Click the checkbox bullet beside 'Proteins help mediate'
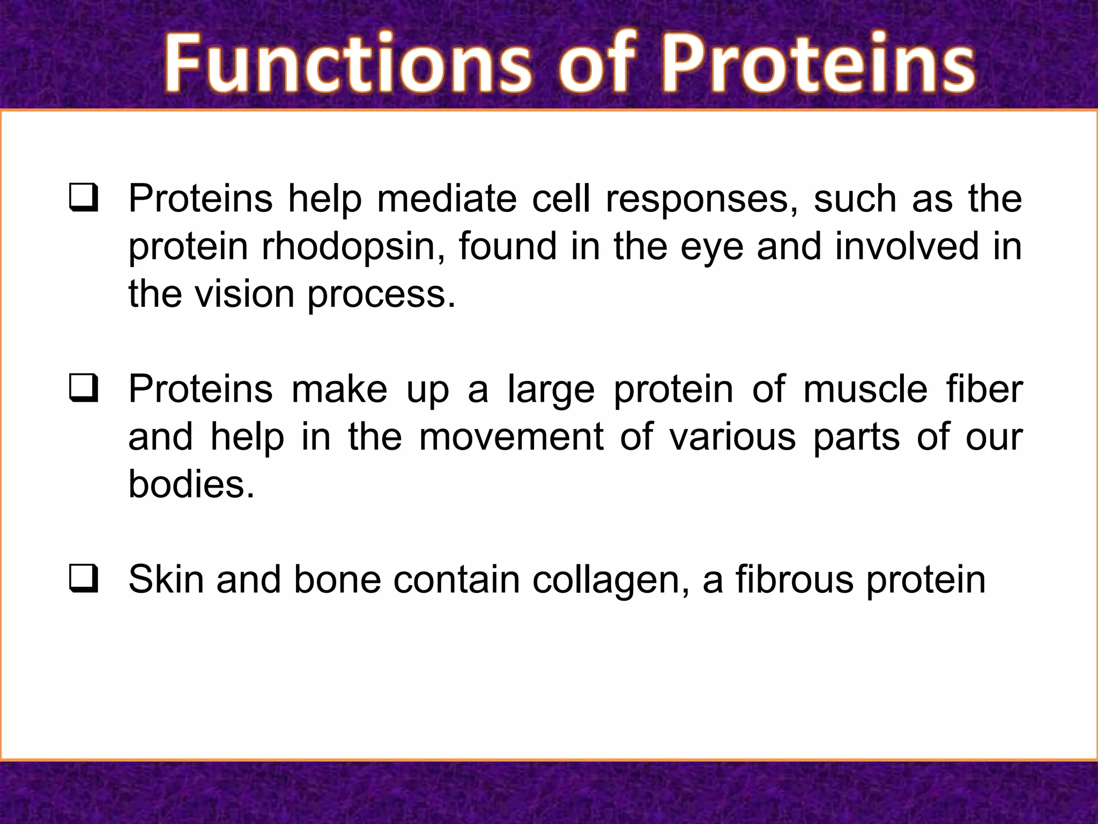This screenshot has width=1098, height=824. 84,198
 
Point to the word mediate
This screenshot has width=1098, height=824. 447,199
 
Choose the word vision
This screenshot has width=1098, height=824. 244,295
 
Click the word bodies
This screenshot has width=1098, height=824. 191,484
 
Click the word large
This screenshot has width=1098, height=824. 551,390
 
